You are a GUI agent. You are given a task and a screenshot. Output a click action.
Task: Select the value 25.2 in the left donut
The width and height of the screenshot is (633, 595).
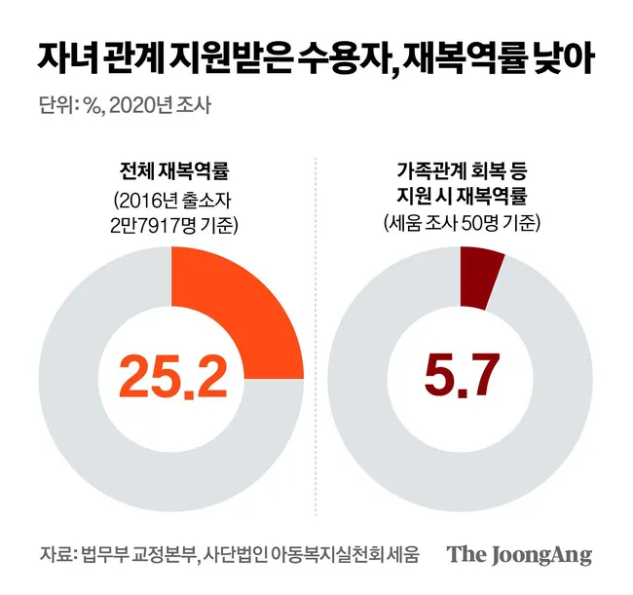pos(172,375)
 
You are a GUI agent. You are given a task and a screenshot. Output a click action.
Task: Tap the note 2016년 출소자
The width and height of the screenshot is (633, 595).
pos(171,204)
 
